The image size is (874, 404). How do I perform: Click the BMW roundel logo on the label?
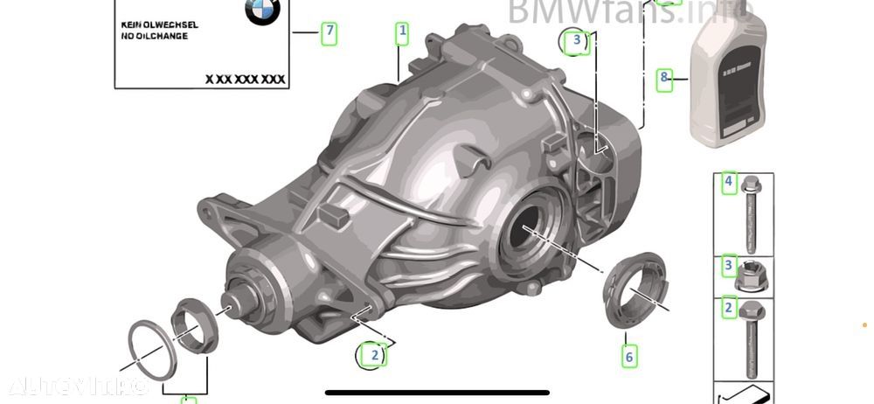click(x=261, y=13)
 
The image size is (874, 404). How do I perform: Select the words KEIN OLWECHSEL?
click(x=159, y=25)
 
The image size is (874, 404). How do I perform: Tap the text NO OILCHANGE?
click(x=154, y=37)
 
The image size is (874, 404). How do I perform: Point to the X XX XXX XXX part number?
click(x=246, y=79)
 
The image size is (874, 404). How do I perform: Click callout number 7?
click(x=329, y=33)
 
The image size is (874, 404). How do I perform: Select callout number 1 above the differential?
click(x=402, y=33)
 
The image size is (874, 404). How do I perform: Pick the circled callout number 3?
click(x=576, y=40)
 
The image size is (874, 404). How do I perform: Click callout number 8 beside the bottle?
click(x=665, y=78)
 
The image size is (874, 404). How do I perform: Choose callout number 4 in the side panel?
click(x=728, y=182)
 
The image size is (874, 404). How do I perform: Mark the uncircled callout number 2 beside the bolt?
click(x=728, y=308)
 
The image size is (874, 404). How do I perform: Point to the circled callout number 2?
click(x=373, y=354)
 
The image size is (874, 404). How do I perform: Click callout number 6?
click(x=628, y=356)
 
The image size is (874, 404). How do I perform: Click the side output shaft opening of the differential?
click(x=530, y=232)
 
